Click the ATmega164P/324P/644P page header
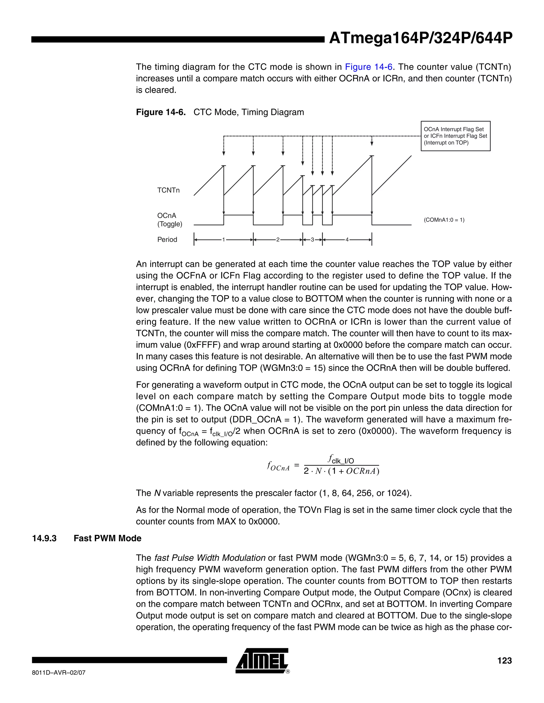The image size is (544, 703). [x=420, y=38]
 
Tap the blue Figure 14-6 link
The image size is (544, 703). [x=368, y=67]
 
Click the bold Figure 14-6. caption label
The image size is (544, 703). [x=161, y=112]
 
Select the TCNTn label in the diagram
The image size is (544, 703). [x=168, y=190]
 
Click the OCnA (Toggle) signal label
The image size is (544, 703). [x=169, y=220]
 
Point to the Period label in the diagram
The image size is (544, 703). [x=167, y=240]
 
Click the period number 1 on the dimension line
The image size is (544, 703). [x=223, y=240]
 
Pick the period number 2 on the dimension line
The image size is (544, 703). [x=278, y=240]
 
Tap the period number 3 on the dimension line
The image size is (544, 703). [x=312, y=240]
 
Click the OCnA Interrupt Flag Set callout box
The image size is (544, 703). [x=455, y=136]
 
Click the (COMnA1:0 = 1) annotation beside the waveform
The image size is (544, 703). [x=444, y=220]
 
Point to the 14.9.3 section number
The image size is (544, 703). [x=44, y=539]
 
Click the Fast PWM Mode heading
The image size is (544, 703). [x=107, y=539]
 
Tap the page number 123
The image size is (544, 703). [x=504, y=661]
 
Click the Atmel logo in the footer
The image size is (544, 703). [x=262, y=661]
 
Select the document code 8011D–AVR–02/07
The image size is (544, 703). [x=59, y=673]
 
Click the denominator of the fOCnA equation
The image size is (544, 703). [x=341, y=471]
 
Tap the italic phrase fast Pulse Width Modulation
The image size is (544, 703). [x=210, y=558]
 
